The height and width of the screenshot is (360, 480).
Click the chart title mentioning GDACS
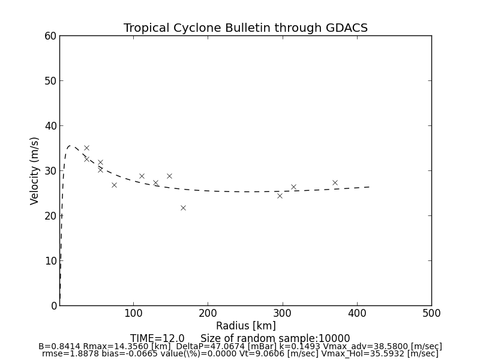pos(245,28)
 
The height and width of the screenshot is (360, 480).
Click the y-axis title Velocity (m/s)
pos(35,170)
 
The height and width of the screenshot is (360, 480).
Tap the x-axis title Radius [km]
pos(245,326)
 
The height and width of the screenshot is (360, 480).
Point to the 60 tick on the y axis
pos(50,36)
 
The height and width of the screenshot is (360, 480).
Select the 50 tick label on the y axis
pos(50,81)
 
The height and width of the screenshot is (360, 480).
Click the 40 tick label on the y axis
pos(50,126)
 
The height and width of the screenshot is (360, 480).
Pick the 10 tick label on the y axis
pos(50,261)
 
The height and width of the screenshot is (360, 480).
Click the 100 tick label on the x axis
pos(134,313)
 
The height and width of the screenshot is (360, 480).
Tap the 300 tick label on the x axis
pos(283,313)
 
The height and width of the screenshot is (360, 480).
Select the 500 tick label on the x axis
pos(431,313)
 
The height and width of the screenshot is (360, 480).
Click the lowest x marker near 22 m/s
pos(183,208)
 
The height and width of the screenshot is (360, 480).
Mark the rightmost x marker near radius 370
pos(335,182)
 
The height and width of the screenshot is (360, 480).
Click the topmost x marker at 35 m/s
pos(86,148)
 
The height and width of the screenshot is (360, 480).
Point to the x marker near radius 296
pos(280,196)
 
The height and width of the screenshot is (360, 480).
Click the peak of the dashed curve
pos(70,146)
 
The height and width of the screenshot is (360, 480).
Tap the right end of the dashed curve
pos(369,187)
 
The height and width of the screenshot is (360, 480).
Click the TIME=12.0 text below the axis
pos(157,338)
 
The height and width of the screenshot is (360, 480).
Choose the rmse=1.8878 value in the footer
pos(62,354)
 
